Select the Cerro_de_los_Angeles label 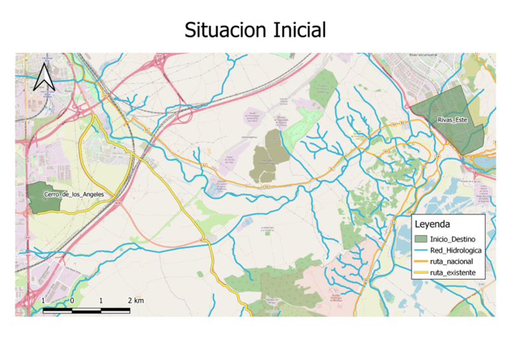point(73,194)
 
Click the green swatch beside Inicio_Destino point(420,239)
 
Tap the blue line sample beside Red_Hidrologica point(420,251)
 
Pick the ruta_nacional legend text point(451,262)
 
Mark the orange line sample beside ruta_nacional point(420,262)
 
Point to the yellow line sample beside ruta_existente point(420,273)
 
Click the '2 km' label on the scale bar point(135,300)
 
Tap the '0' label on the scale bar point(72,300)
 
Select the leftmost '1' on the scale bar point(43,300)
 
